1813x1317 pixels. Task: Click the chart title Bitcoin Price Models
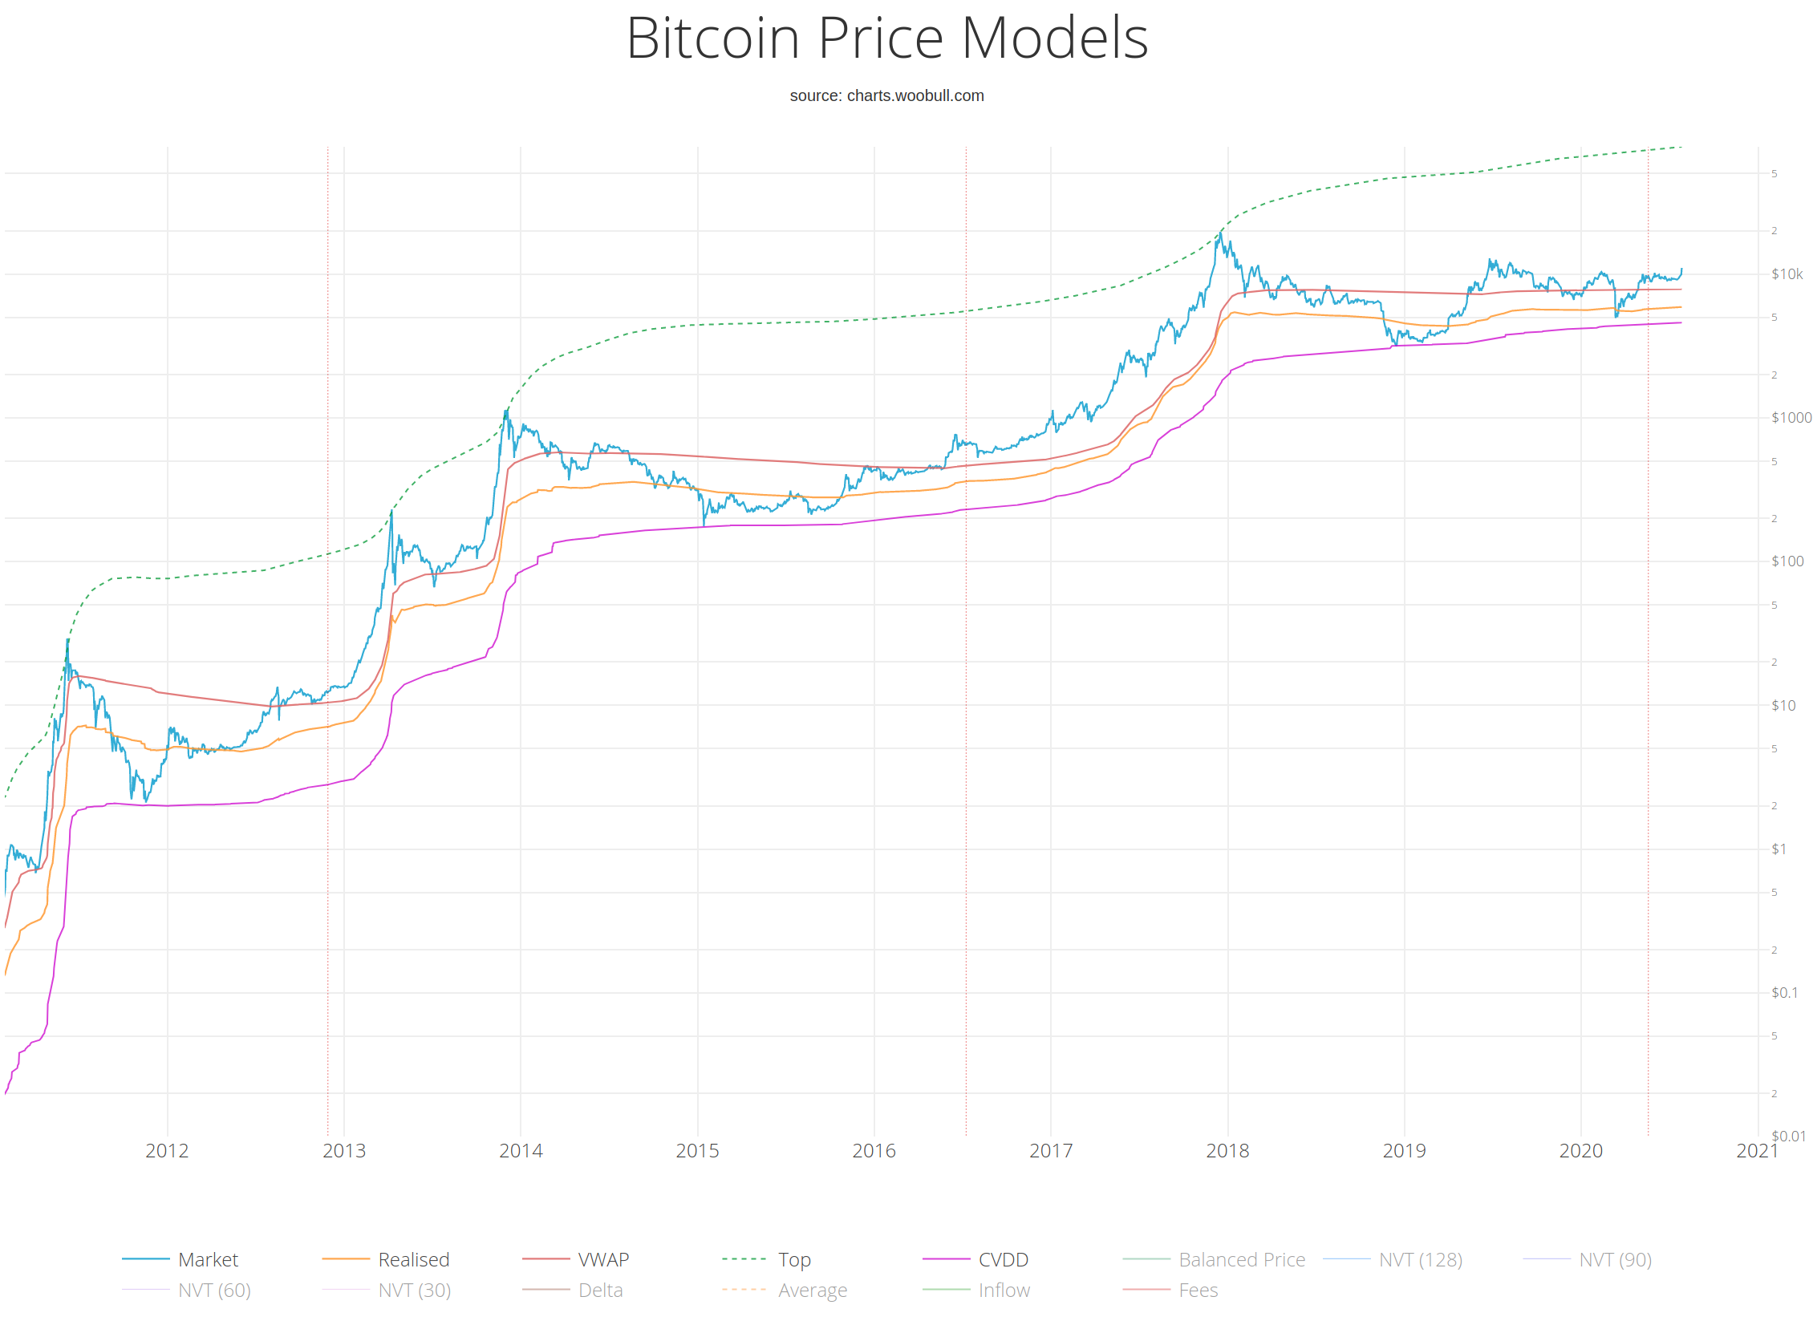[886, 38]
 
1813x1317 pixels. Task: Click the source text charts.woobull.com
[886, 95]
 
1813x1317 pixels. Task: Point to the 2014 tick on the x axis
[521, 1150]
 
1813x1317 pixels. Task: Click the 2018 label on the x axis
[1227, 1150]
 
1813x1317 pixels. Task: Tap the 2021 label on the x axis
[1757, 1150]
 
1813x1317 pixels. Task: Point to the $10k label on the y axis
[1787, 274]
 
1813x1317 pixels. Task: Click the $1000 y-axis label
[1791, 417]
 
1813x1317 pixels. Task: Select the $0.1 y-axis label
[1784, 992]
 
